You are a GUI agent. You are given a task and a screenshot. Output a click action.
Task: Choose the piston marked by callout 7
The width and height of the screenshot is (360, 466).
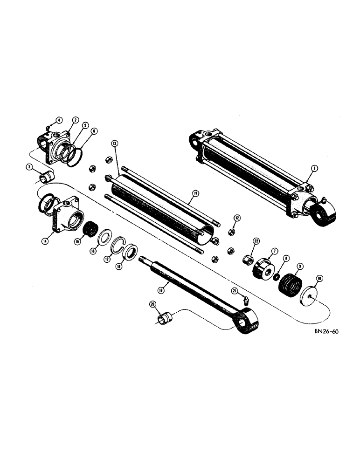pos(263,272)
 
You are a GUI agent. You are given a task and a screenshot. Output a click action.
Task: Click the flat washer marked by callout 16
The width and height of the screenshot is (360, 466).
pos(103,238)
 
